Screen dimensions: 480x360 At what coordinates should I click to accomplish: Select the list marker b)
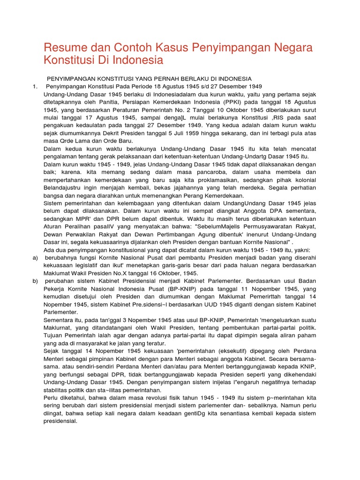(x=35, y=281)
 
